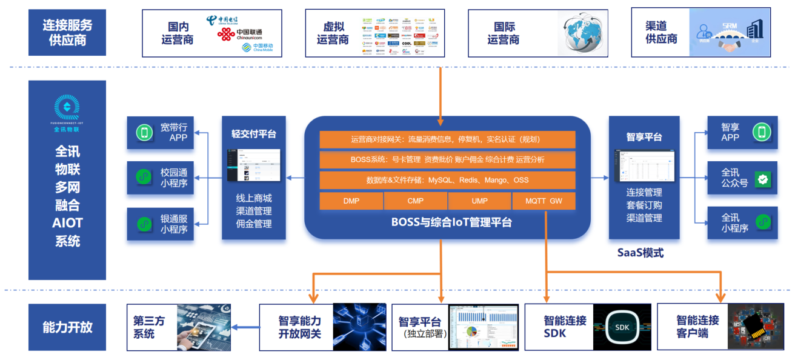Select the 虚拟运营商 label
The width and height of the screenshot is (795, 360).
coord(333,33)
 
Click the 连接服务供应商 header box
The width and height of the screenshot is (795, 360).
coord(67,33)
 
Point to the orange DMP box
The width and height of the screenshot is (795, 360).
coord(351,201)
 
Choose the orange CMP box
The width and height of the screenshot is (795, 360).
coord(416,201)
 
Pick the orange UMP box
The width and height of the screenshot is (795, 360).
coord(479,201)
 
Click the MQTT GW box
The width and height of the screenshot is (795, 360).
coord(544,201)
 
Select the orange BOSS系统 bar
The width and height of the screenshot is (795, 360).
coord(447,160)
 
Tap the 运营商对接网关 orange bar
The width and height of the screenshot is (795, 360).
coord(447,139)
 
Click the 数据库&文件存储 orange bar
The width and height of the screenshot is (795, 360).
coord(447,180)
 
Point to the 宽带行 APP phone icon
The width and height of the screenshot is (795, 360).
coord(144,133)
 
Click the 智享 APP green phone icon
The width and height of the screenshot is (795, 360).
coord(761,132)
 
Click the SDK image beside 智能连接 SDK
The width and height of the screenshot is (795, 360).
coord(622,327)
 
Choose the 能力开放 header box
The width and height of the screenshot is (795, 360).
coord(67,327)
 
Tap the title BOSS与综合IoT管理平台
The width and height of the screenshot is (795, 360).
coord(451,222)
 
